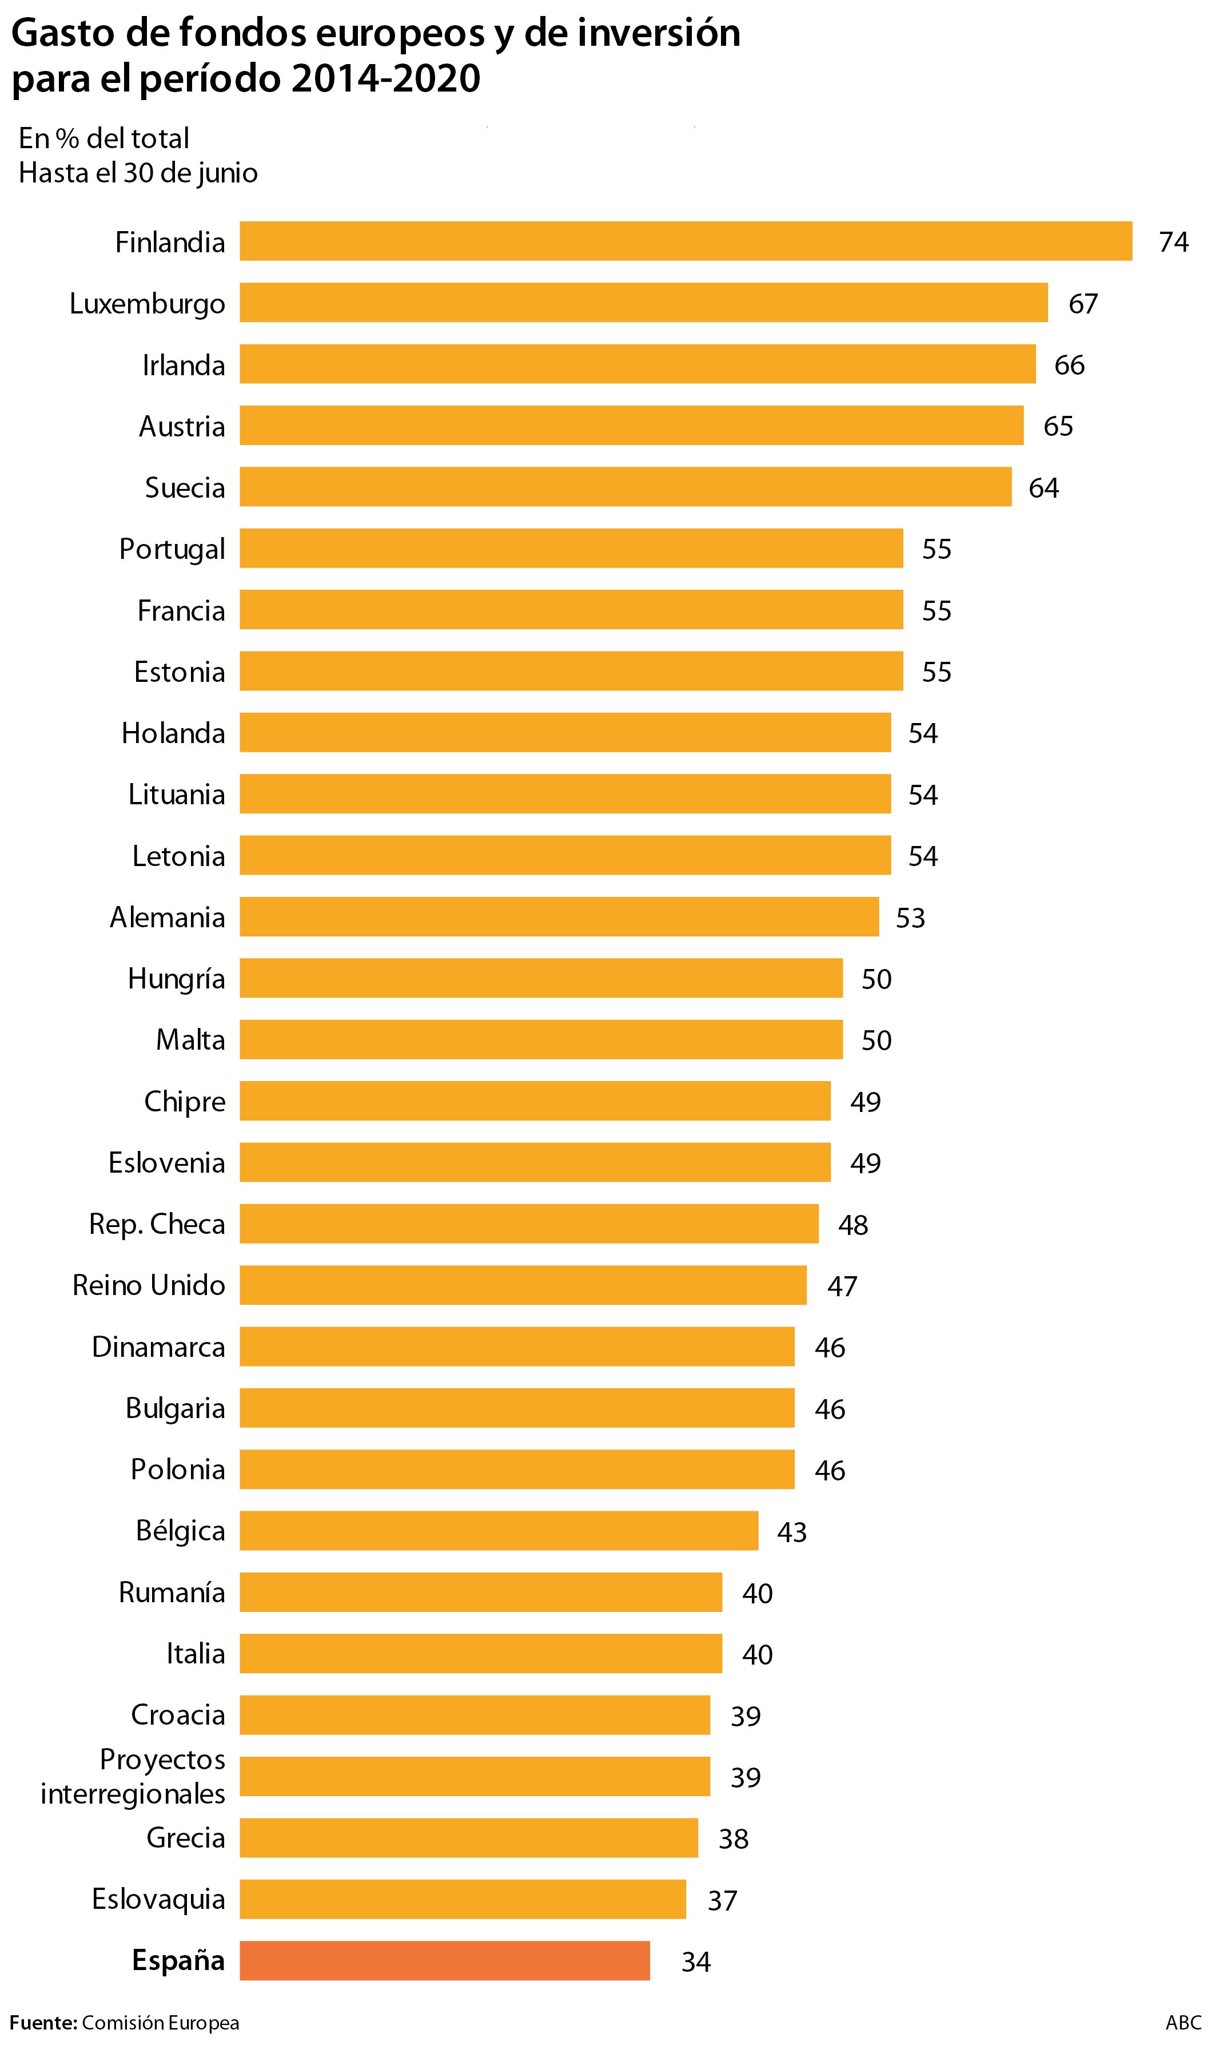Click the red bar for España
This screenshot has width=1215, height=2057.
click(445, 1960)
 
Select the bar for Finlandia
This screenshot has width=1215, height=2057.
click(686, 241)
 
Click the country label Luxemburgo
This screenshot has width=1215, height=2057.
click(148, 304)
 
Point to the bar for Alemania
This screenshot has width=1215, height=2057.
click(559, 916)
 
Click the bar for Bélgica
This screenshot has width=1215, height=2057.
click(499, 1531)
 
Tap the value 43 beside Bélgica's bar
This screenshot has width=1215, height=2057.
click(792, 1531)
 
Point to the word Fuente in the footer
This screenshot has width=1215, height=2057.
click(42, 2023)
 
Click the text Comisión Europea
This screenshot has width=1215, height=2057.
click(161, 2023)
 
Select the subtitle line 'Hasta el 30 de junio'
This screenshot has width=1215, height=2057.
click(138, 173)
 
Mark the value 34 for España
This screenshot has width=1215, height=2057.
click(696, 1961)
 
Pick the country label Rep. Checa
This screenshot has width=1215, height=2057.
click(157, 1224)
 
